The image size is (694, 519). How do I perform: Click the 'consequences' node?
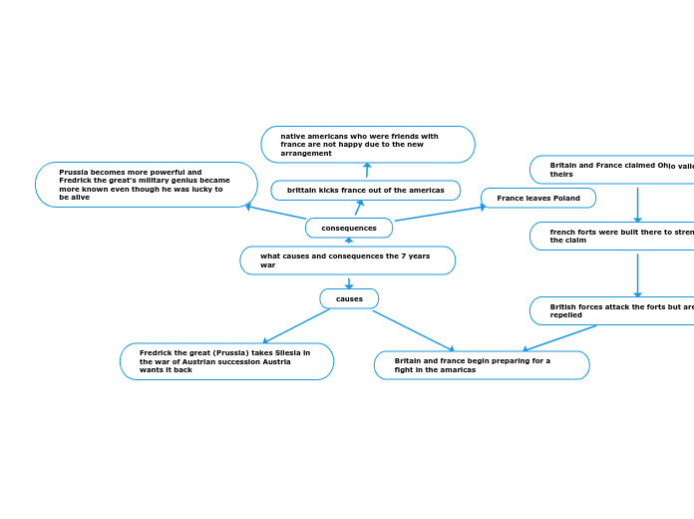pos(349,228)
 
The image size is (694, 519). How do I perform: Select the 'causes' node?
pos(349,298)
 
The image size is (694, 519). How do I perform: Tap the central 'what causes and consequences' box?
pos(347,260)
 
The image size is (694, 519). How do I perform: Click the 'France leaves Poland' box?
pos(538,198)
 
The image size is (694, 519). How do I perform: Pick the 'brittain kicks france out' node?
pos(365,190)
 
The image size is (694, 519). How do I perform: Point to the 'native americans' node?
pos(367,144)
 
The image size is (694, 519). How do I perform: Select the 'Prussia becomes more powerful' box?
pos(146,185)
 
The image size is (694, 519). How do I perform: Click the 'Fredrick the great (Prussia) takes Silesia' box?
pos(226,361)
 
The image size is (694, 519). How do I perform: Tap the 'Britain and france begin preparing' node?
pos(481,365)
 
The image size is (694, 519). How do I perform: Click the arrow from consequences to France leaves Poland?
pos(439,213)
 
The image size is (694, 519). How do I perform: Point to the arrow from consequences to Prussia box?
pos(276,213)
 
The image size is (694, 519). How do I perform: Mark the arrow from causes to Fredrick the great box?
pos(296,326)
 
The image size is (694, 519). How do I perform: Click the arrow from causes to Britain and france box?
pos(413,330)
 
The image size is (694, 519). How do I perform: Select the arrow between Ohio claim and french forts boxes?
pos(637,204)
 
